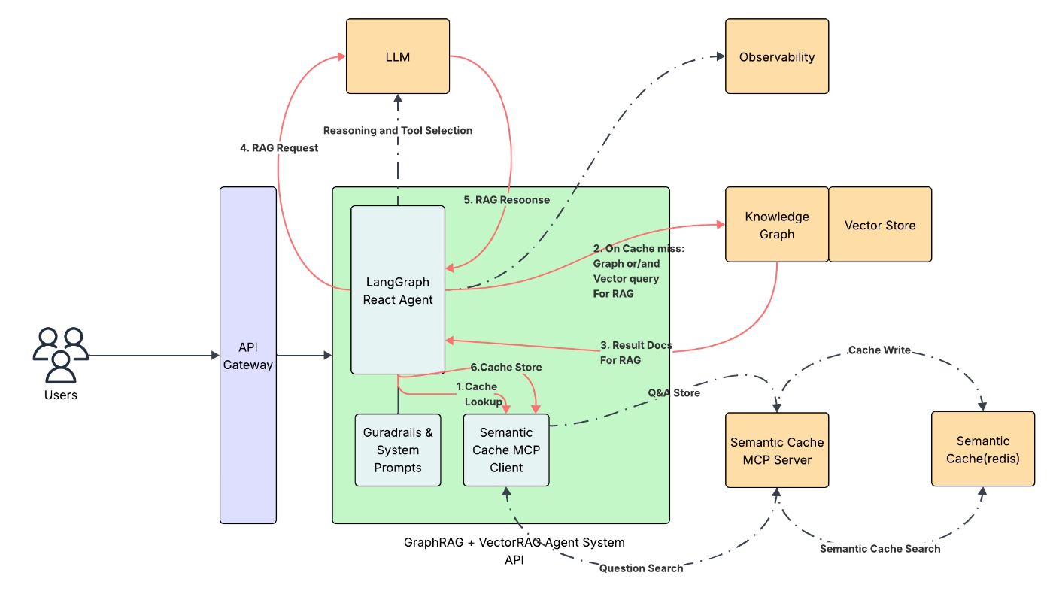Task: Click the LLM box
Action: [397, 56]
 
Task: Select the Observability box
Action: [776, 56]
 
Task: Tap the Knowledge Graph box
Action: [776, 225]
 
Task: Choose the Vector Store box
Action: [879, 225]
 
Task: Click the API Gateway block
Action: [248, 355]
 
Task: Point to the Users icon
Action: [60, 355]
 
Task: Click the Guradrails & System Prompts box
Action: [398, 450]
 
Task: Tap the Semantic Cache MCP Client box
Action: [506, 450]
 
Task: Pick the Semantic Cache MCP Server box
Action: [777, 450]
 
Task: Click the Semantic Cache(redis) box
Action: [982, 450]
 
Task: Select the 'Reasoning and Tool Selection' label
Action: [398, 130]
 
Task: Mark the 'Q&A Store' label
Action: [674, 392]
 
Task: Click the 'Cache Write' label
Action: [879, 350]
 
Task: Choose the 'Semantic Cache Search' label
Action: [879, 549]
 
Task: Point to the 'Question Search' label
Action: [641, 568]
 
